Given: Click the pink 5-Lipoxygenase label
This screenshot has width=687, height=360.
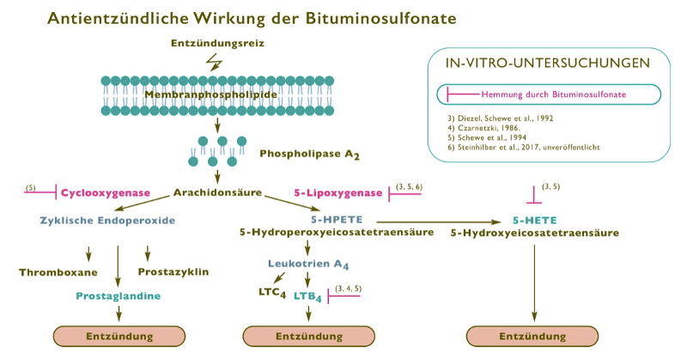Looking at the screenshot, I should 337,194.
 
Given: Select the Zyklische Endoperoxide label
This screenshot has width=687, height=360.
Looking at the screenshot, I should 107,221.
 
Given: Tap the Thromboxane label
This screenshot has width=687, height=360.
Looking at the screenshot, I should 58,272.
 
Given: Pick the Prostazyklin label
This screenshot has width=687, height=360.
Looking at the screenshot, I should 173,272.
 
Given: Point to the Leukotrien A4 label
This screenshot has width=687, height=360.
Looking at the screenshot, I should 308,264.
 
